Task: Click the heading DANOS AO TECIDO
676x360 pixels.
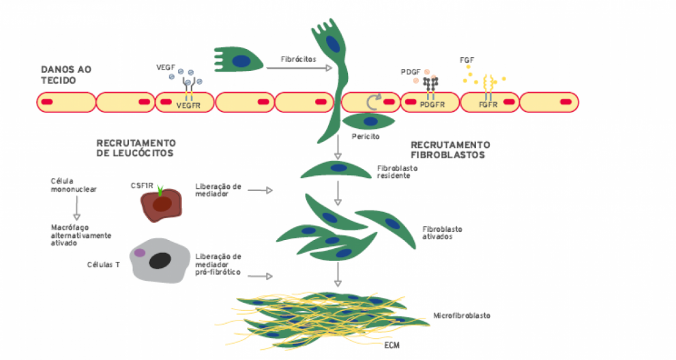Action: click(x=66, y=74)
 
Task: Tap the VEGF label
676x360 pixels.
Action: click(x=166, y=68)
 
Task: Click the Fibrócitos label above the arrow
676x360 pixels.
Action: click(x=298, y=59)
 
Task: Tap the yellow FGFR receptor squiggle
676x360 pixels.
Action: click(x=488, y=85)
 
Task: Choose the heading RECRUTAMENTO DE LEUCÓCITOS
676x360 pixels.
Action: click(x=136, y=148)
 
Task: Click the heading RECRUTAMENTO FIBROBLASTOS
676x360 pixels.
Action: click(x=450, y=149)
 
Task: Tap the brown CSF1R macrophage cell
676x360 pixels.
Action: click(x=160, y=205)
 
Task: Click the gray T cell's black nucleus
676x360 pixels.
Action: click(x=160, y=260)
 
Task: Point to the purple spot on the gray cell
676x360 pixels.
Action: click(x=140, y=253)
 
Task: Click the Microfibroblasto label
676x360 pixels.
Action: click(x=462, y=316)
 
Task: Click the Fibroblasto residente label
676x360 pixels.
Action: click(x=397, y=171)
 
